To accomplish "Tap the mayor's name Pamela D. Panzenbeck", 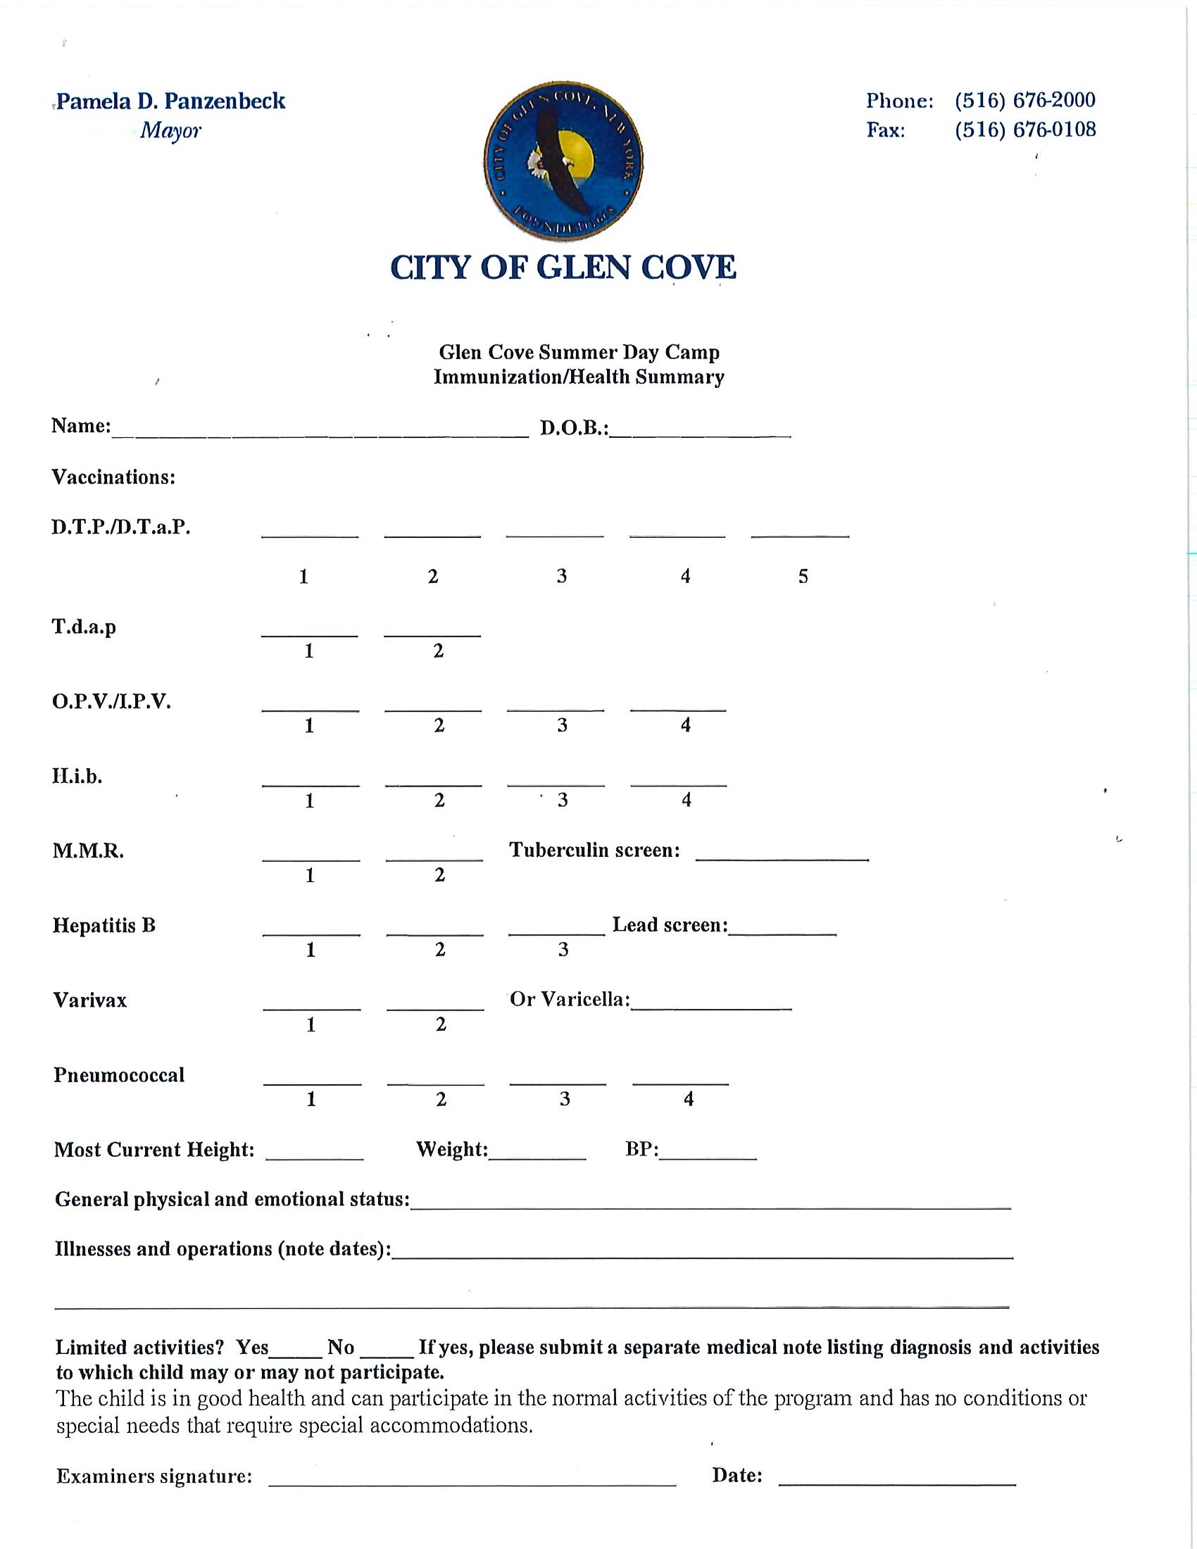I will pos(170,101).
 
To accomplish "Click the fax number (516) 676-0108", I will pos(1024,130).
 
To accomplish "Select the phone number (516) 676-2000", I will pos(1024,100).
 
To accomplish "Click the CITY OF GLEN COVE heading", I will pos(563,268).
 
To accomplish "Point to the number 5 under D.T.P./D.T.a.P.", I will pos(803,576).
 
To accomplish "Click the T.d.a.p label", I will pos(84,627).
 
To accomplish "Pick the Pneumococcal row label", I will pos(119,1075).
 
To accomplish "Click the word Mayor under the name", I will pos(170,130).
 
